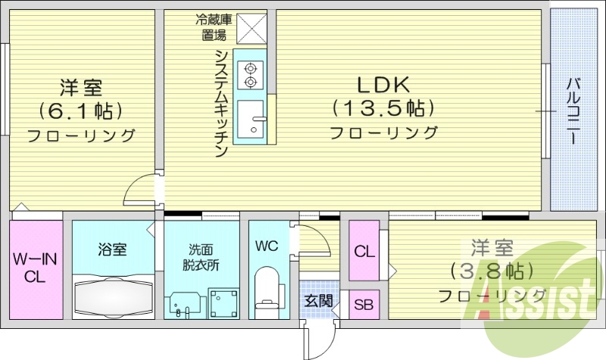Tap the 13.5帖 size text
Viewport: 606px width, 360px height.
tap(383, 108)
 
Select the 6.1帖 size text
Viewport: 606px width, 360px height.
tap(81, 111)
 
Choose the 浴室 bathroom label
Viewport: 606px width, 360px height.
tap(112, 249)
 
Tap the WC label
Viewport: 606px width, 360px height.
tap(266, 246)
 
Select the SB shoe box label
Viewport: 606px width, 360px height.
tap(364, 305)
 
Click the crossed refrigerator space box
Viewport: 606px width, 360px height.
tap(250, 30)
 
